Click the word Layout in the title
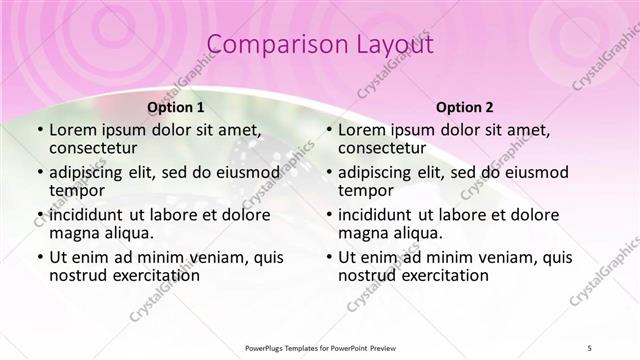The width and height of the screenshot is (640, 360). [393, 45]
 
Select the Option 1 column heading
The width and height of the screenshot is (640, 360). [176, 107]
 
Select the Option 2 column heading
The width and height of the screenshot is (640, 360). [465, 107]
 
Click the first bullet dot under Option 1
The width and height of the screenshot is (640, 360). [39, 130]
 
